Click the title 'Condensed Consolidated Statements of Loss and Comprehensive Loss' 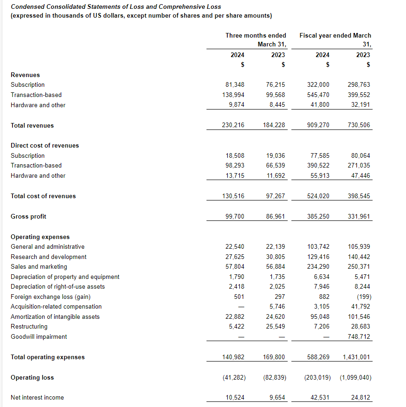[x=116, y=7]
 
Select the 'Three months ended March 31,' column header [x=256, y=40]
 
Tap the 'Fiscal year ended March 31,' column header [x=335, y=40]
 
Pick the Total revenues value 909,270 [x=318, y=125]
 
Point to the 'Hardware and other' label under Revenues [x=38, y=105]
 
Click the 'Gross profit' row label [x=28, y=216]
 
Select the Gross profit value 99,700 [x=235, y=216]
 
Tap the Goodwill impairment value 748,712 [x=359, y=337]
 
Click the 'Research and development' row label [x=48, y=257]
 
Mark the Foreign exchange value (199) [x=363, y=297]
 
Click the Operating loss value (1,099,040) [x=355, y=378]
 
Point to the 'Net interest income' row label [x=37, y=397]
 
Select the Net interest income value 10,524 [x=235, y=397]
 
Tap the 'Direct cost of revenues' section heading [x=45, y=145]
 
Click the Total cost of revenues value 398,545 [x=359, y=196]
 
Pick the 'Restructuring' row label [x=29, y=327]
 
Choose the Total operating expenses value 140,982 [x=233, y=357]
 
